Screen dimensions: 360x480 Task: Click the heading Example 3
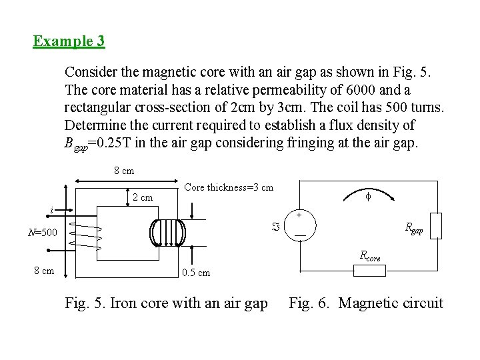coord(69,41)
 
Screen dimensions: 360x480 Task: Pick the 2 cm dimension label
coord(142,197)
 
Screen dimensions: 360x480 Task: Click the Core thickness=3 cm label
coord(228,187)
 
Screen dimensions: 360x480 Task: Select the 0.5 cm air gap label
coord(196,272)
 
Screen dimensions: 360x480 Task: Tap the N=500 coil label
coord(43,233)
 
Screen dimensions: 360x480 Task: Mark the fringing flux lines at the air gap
coord(171,233)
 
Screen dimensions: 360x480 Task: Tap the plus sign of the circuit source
coord(299,215)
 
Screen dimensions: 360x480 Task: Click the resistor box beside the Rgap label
coord(436,225)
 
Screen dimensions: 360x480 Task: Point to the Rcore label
coord(370,255)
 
